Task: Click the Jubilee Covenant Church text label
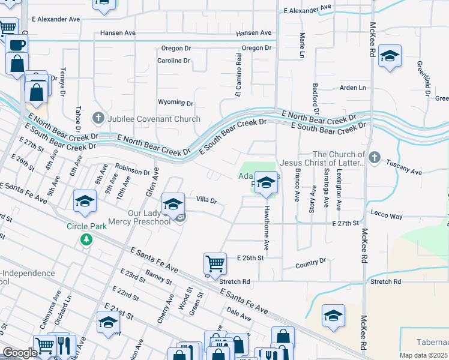click(154, 119)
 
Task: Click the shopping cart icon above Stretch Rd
click(215, 263)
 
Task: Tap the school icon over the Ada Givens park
click(265, 184)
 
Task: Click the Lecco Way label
click(387, 216)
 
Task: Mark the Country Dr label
click(311, 263)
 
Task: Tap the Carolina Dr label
click(173, 61)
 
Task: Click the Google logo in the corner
click(19, 353)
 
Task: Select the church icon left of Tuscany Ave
click(375, 157)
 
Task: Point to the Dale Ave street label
click(239, 313)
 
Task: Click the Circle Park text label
click(86, 227)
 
